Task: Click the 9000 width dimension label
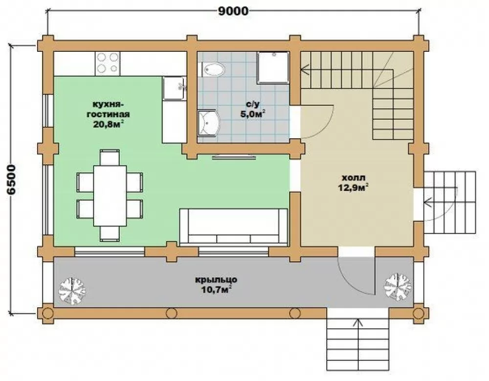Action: click(233, 11)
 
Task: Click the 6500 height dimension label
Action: click(11, 180)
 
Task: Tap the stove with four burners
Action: click(108, 63)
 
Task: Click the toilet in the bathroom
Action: click(213, 70)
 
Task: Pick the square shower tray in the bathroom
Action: click(273, 67)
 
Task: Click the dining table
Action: click(110, 196)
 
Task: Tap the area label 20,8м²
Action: click(108, 124)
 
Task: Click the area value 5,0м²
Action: click(253, 114)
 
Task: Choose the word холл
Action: click(354, 178)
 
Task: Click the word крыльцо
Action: click(216, 280)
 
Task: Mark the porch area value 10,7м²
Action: click(216, 290)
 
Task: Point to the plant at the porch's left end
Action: click(72, 291)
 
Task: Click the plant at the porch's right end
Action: click(398, 287)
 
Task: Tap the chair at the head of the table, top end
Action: click(110, 157)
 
